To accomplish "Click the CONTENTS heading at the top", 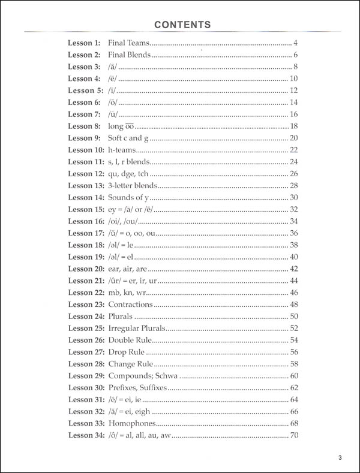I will [x=182, y=25].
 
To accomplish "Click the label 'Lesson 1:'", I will [x=84, y=43].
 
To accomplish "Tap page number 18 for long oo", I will [x=294, y=126].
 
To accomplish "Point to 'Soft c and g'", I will [x=125, y=138].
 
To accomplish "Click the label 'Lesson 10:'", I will [x=86, y=150].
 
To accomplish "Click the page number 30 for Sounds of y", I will [x=294, y=198].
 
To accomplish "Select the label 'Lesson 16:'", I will [x=86, y=221].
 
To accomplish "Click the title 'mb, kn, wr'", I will [x=126, y=293].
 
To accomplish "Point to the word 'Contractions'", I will [x=130, y=305].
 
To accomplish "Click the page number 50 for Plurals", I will [x=294, y=317].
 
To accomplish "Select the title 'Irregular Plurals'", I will [x=136, y=328].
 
